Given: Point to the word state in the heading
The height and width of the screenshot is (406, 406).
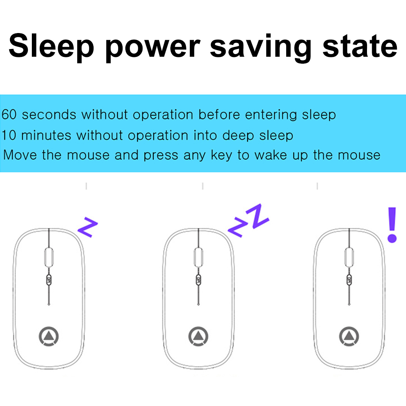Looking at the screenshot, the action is (x=360, y=46).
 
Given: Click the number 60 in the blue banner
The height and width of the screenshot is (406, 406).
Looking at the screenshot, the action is (x=9, y=114).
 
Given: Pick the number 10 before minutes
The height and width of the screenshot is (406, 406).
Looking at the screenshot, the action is (x=9, y=135).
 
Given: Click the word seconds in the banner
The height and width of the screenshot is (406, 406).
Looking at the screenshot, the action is (x=49, y=115).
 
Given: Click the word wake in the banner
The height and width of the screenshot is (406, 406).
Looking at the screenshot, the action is (x=270, y=155).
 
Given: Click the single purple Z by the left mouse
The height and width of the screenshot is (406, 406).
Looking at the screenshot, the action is (x=88, y=227).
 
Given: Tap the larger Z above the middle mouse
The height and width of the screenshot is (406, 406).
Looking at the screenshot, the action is (x=258, y=216).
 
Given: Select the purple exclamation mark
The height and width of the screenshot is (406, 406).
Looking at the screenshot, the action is (x=392, y=225).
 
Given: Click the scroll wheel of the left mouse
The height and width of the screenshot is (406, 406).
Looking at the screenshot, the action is (x=49, y=257).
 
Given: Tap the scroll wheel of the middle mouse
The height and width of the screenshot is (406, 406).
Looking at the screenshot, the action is (x=199, y=257).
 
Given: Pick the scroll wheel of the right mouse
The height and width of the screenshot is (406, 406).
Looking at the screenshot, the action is (x=349, y=257).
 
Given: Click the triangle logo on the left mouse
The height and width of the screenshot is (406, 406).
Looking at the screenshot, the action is (x=49, y=336).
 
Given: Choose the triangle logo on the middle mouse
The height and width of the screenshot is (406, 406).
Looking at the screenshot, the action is (x=198, y=336).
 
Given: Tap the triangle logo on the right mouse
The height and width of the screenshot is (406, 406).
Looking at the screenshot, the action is (x=349, y=336).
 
